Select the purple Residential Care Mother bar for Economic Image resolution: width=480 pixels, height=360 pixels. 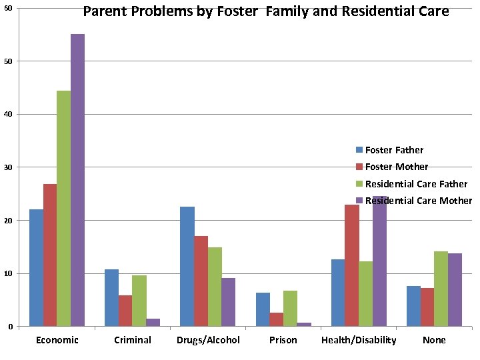pyautogui.click(x=77, y=180)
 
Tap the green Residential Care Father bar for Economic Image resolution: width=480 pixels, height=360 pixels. pyautogui.click(x=63, y=208)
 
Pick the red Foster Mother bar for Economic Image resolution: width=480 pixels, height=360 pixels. pyautogui.click(x=50, y=255)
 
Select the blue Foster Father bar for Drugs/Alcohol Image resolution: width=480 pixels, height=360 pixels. pyautogui.click(x=187, y=266)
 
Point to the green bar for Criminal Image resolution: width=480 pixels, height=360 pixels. pyautogui.click(x=139, y=301)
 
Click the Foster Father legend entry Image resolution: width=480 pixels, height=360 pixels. pyautogui.click(x=393, y=150)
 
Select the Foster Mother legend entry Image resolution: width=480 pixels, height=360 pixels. pyautogui.click(x=396, y=167)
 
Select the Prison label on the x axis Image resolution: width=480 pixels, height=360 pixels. pyautogui.click(x=283, y=340)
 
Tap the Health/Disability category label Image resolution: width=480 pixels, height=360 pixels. pyautogui.click(x=359, y=340)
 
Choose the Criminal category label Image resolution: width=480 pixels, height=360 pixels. pyautogui.click(x=132, y=340)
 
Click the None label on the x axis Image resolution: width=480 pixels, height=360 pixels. pyautogui.click(x=434, y=340)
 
